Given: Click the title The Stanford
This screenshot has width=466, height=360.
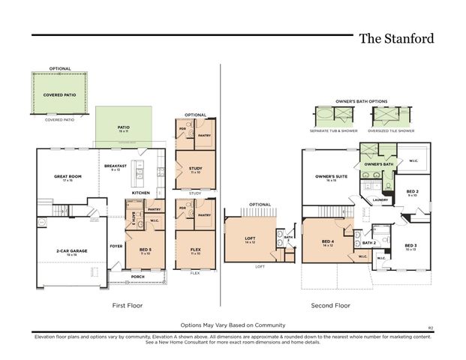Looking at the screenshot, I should click(x=395, y=38).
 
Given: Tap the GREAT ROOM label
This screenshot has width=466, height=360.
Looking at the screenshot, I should click(x=67, y=177).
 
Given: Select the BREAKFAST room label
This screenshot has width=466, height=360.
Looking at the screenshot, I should click(x=115, y=166).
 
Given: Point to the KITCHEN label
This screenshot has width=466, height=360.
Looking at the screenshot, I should click(x=141, y=193).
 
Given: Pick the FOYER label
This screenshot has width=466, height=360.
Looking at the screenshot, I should click(x=116, y=245).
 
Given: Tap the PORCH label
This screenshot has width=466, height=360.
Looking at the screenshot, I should click(x=137, y=276).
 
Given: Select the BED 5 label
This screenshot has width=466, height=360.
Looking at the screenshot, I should click(x=146, y=250).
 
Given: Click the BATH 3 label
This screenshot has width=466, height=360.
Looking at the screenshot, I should click(x=134, y=219).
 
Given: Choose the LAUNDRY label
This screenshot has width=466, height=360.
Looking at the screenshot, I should click(x=380, y=199).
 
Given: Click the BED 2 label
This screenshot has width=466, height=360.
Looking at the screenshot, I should click(x=412, y=192).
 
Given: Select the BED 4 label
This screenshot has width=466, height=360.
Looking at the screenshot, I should click(x=327, y=244).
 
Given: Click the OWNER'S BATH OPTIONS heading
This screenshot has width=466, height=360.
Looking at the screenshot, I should click(x=362, y=100).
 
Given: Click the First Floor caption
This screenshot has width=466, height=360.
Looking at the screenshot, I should click(x=127, y=305).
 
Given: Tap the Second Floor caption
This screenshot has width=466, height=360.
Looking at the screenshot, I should click(x=330, y=305).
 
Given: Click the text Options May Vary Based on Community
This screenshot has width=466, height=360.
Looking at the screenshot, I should click(x=233, y=325).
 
